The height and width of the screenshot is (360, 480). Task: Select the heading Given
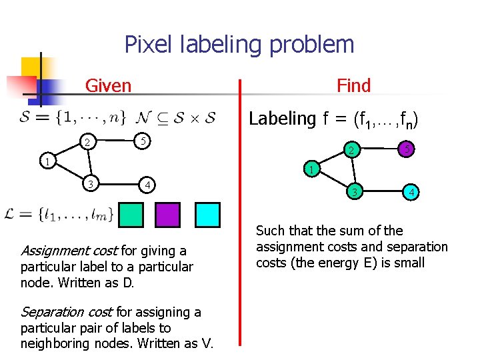[x=109, y=86]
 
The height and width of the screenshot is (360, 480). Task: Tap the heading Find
[x=353, y=86]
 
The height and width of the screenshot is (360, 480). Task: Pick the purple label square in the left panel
[x=167, y=215]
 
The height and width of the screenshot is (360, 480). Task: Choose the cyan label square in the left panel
[x=207, y=215]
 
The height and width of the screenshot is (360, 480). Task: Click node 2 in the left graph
[x=87, y=142]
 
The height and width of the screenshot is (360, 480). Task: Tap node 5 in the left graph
[x=143, y=140]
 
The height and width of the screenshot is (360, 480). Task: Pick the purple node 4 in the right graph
[x=413, y=194]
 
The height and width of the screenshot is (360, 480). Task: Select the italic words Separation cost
[x=67, y=312]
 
